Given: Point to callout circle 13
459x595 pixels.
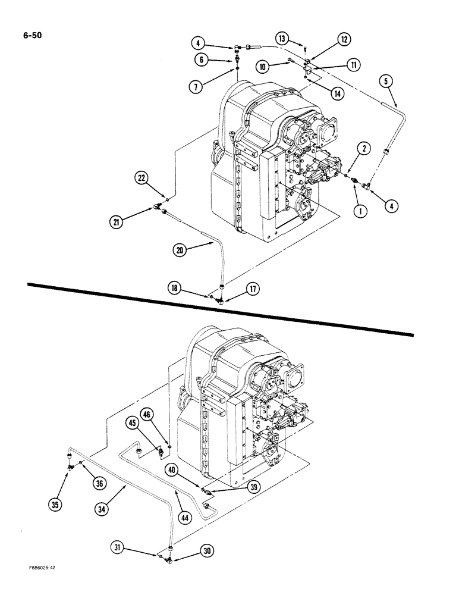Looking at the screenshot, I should click(282, 39).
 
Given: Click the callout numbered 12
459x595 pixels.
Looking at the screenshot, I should click(344, 39).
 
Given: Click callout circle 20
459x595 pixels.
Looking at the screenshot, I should click(180, 250).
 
